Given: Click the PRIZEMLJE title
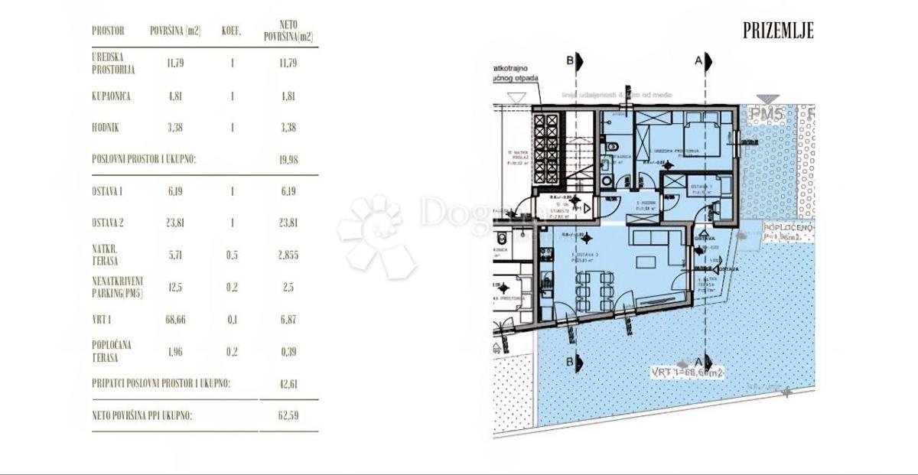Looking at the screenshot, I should click(778, 31).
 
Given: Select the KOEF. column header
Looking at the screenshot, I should click(232, 31).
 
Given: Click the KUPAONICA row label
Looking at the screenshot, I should click(111, 97).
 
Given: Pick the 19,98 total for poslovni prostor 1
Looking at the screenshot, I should click(288, 159).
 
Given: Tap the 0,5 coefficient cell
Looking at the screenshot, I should click(232, 255).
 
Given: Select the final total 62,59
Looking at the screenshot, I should click(288, 416).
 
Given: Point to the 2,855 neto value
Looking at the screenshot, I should click(288, 255).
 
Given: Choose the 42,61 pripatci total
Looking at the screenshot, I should click(288, 383).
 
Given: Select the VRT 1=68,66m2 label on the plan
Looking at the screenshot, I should click(687, 373).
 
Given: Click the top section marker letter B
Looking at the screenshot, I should click(569, 60).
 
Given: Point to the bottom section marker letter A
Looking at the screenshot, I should click(698, 361).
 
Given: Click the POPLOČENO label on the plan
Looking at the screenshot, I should click(788, 229).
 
